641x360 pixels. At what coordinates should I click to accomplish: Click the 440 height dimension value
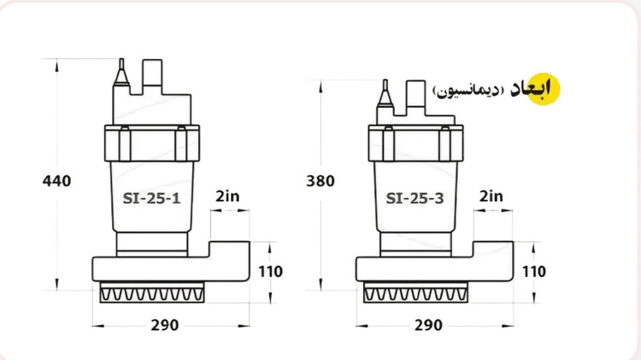pyautogui.click(x=56, y=180)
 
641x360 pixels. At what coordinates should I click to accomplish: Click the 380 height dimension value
pyautogui.click(x=320, y=180)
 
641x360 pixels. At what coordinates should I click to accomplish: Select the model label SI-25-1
pyautogui.click(x=151, y=198)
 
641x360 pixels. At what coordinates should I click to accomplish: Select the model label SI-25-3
pyautogui.click(x=415, y=198)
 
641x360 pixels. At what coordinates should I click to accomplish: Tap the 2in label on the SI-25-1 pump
pyautogui.click(x=227, y=197)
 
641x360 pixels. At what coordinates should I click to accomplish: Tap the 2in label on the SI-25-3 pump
pyautogui.click(x=491, y=197)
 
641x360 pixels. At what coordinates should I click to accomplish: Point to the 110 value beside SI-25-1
pyautogui.click(x=271, y=272)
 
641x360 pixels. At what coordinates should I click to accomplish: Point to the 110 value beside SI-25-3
pyautogui.click(x=534, y=272)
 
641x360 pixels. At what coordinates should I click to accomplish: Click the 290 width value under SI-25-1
pyautogui.click(x=165, y=325)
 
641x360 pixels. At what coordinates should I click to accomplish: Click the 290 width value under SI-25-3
pyautogui.click(x=428, y=325)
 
